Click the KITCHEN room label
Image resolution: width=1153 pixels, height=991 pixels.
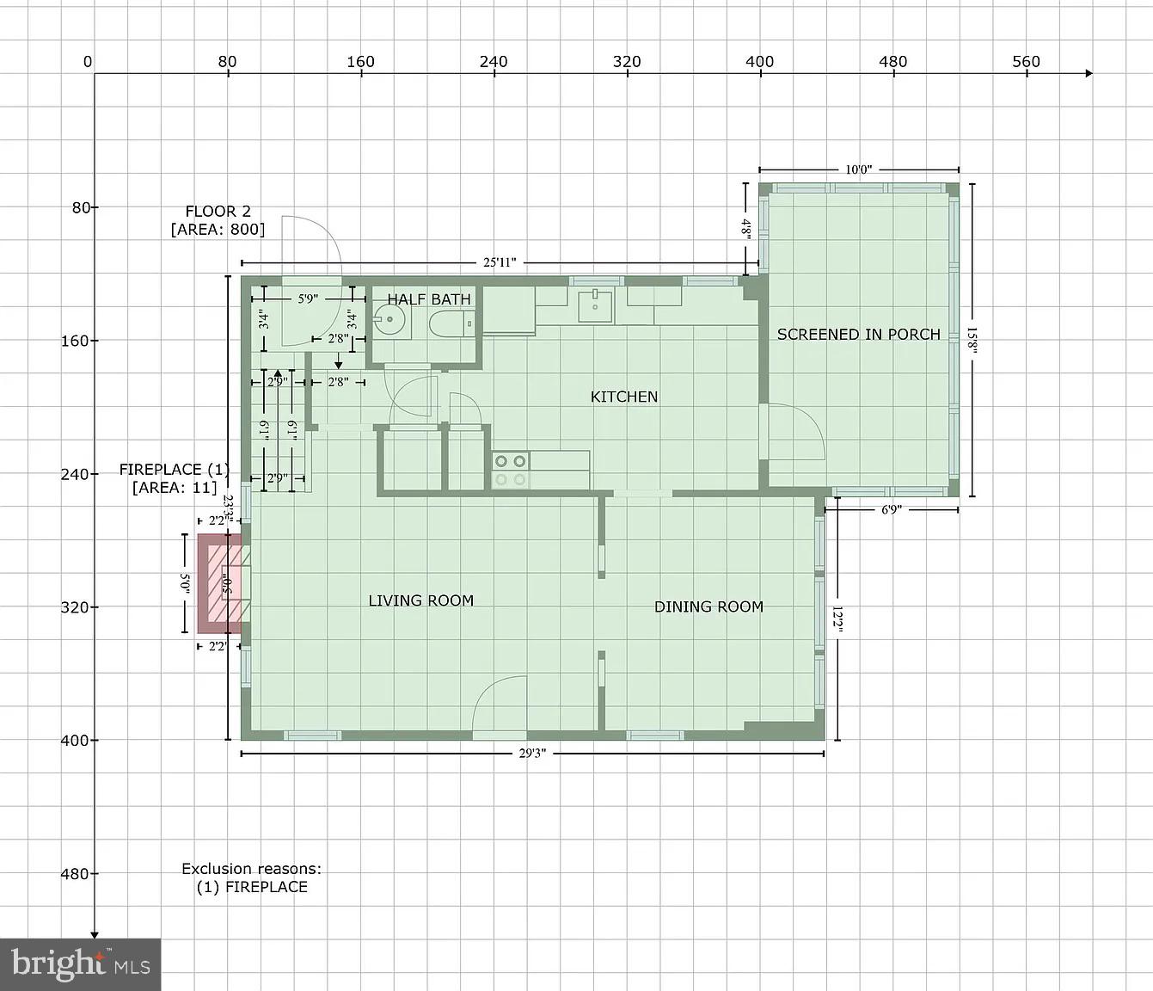[624, 397]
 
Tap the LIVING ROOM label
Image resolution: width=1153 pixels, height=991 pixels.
[420, 600]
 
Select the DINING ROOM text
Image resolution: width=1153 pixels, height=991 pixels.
[708, 606]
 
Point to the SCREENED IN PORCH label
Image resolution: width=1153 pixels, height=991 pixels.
[858, 334]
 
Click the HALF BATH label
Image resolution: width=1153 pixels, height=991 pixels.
[428, 299]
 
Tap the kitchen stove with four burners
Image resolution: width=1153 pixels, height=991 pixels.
[511, 470]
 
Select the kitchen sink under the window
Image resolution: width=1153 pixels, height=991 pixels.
[595, 306]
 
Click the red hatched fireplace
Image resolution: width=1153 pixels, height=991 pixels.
[220, 583]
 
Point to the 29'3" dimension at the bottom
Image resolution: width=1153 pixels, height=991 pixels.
[532, 754]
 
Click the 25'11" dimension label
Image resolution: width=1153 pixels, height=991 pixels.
[499, 262]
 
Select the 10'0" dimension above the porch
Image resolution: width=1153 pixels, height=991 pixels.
[858, 169]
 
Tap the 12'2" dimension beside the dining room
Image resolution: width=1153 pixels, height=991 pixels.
[837, 619]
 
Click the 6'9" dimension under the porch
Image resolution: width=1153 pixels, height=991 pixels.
[891, 509]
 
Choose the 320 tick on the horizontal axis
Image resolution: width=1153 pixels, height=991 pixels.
[627, 62]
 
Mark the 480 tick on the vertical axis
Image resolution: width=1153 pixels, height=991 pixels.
[75, 873]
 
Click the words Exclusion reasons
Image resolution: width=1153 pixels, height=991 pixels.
[251, 869]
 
